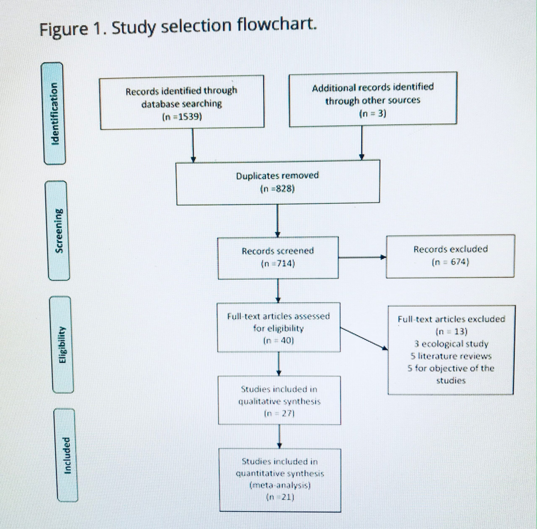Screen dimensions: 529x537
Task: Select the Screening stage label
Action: coord(59,231)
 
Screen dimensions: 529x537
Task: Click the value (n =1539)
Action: coord(182,117)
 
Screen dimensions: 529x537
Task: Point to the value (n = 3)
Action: coord(373,114)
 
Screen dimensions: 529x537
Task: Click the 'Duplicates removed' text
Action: coord(277,176)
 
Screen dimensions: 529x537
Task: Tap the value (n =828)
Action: coord(277,189)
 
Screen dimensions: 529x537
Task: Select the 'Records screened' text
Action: coord(278,251)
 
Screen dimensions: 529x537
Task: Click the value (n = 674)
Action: coord(451,262)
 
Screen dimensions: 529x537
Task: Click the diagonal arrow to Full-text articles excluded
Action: coord(364,338)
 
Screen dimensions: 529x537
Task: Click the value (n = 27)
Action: coord(279,414)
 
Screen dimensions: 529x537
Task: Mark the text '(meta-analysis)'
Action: coord(280,485)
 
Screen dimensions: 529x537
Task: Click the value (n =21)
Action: coord(280,497)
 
